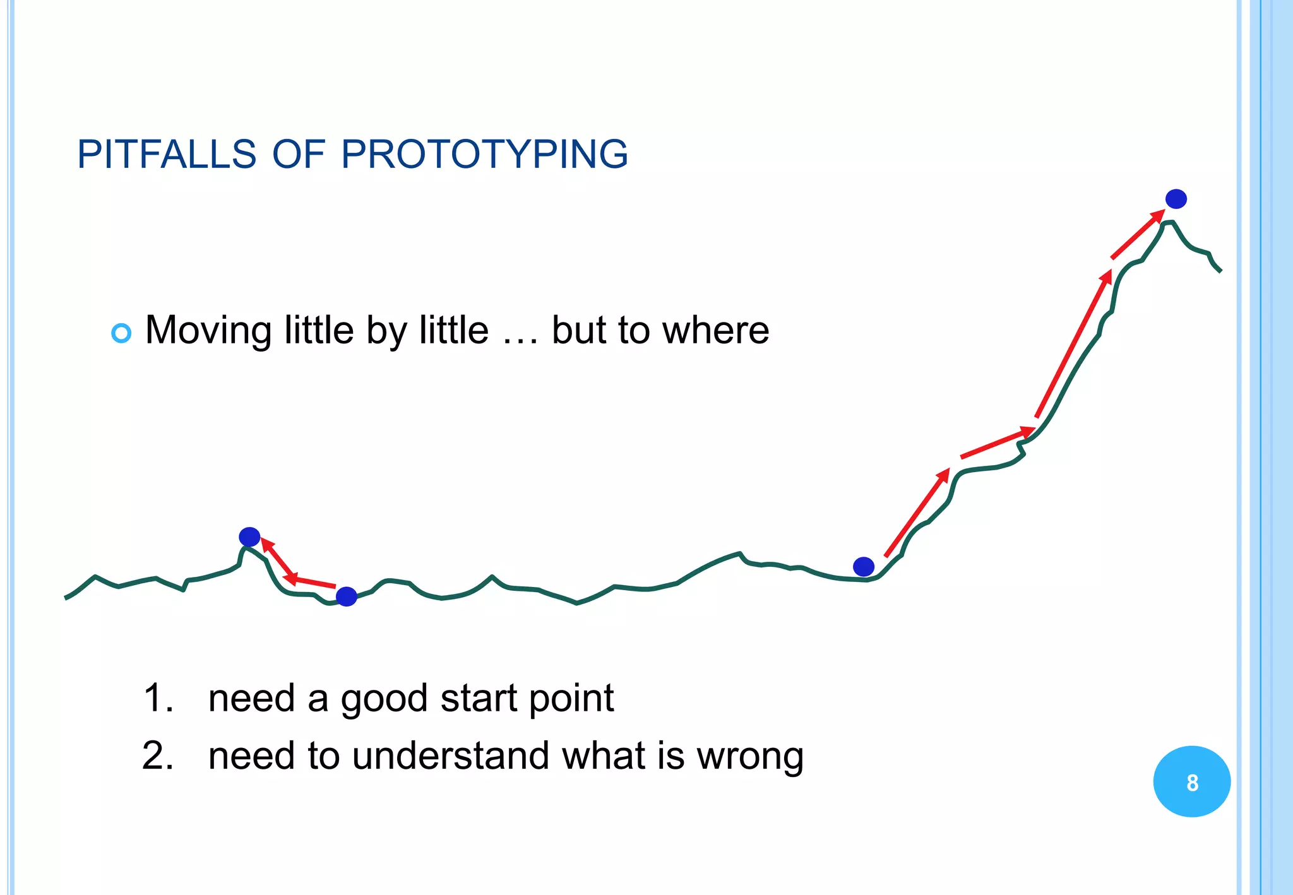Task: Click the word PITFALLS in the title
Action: click(167, 154)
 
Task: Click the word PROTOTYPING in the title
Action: click(484, 154)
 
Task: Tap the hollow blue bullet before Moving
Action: click(121, 333)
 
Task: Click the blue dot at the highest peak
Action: click(1176, 199)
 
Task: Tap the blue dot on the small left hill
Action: click(249, 537)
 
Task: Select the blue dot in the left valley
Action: click(346, 596)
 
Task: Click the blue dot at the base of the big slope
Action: click(863, 567)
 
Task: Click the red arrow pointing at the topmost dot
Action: click(1138, 234)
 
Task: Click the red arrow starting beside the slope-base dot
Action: click(917, 513)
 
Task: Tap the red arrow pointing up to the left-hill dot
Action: click(277, 557)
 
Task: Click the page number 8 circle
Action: click(1191, 782)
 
